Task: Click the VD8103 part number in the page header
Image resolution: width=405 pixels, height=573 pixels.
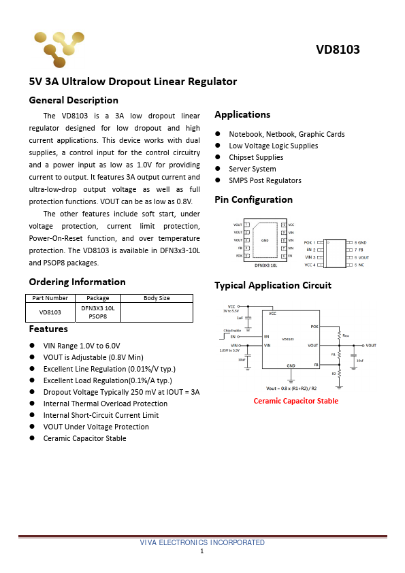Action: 338,50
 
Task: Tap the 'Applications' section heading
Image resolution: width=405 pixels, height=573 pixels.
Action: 242,114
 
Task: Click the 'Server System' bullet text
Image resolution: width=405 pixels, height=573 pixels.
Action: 253,169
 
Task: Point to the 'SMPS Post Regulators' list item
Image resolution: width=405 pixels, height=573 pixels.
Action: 265,180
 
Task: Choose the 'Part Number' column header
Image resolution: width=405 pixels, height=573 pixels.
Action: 50,298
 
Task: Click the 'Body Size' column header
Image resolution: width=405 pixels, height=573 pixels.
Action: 157,298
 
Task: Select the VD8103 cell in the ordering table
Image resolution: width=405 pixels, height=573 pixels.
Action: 50,312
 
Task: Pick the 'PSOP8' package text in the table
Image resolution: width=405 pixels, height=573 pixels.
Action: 98,316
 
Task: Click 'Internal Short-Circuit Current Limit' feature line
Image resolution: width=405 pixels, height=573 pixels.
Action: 101,415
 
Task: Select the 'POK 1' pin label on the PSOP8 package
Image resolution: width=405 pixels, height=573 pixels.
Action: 310,242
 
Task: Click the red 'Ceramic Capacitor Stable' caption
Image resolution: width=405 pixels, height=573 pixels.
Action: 295,401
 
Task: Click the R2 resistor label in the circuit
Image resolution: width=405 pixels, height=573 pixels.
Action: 334,373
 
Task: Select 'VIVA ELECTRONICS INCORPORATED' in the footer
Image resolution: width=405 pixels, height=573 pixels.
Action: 202,542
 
